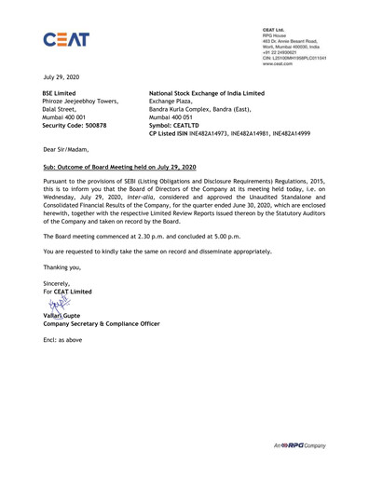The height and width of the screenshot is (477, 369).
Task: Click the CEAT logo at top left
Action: coord(68,42)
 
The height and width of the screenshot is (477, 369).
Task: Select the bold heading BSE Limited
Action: coord(62,95)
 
